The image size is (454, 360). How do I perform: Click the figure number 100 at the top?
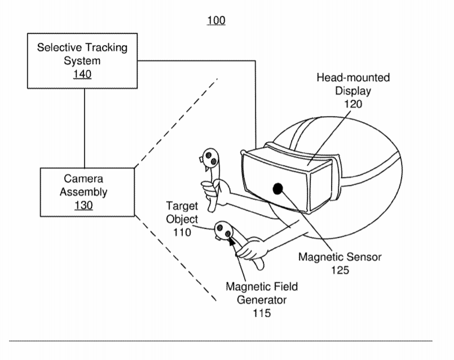(x=216, y=20)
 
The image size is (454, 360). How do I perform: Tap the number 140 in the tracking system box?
(x=82, y=74)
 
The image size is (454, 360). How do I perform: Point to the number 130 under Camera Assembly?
(x=83, y=205)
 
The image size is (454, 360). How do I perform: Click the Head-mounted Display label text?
(x=353, y=84)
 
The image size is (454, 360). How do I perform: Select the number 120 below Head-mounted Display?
(x=353, y=104)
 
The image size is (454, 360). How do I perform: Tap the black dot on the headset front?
(x=278, y=189)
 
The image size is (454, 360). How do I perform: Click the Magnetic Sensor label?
(x=340, y=257)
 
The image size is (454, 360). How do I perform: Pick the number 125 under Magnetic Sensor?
(x=340, y=270)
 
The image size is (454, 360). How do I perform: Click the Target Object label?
(x=182, y=212)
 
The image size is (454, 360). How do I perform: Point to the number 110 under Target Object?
(x=182, y=232)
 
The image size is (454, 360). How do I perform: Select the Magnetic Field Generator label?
(x=262, y=293)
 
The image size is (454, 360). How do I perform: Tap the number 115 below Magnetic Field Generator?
(x=262, y=313)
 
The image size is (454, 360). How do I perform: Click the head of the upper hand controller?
(x=210, y=158)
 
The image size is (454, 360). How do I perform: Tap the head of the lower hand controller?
(x=224, y=230)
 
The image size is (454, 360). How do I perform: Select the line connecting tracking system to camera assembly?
(x=85, y=128)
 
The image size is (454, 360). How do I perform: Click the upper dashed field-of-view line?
(x=176, y=123)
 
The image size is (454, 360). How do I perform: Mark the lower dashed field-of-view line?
(x=176, y=259)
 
